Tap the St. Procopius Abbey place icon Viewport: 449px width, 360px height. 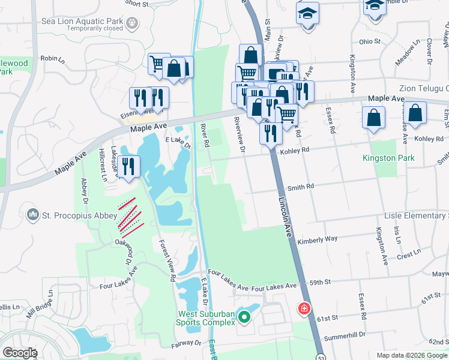[33, 214]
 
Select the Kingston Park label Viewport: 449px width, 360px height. [388, 158]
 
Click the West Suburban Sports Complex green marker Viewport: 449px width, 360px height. [244, 316]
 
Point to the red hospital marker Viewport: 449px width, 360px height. [305, 309]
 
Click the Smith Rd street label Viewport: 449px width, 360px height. [301, 187]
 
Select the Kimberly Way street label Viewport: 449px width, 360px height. [317, 239]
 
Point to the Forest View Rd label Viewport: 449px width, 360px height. [166, 261]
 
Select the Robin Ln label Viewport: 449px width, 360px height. [52, 58]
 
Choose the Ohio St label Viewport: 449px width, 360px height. [370, 41]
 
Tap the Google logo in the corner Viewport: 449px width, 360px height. [19, 353]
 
